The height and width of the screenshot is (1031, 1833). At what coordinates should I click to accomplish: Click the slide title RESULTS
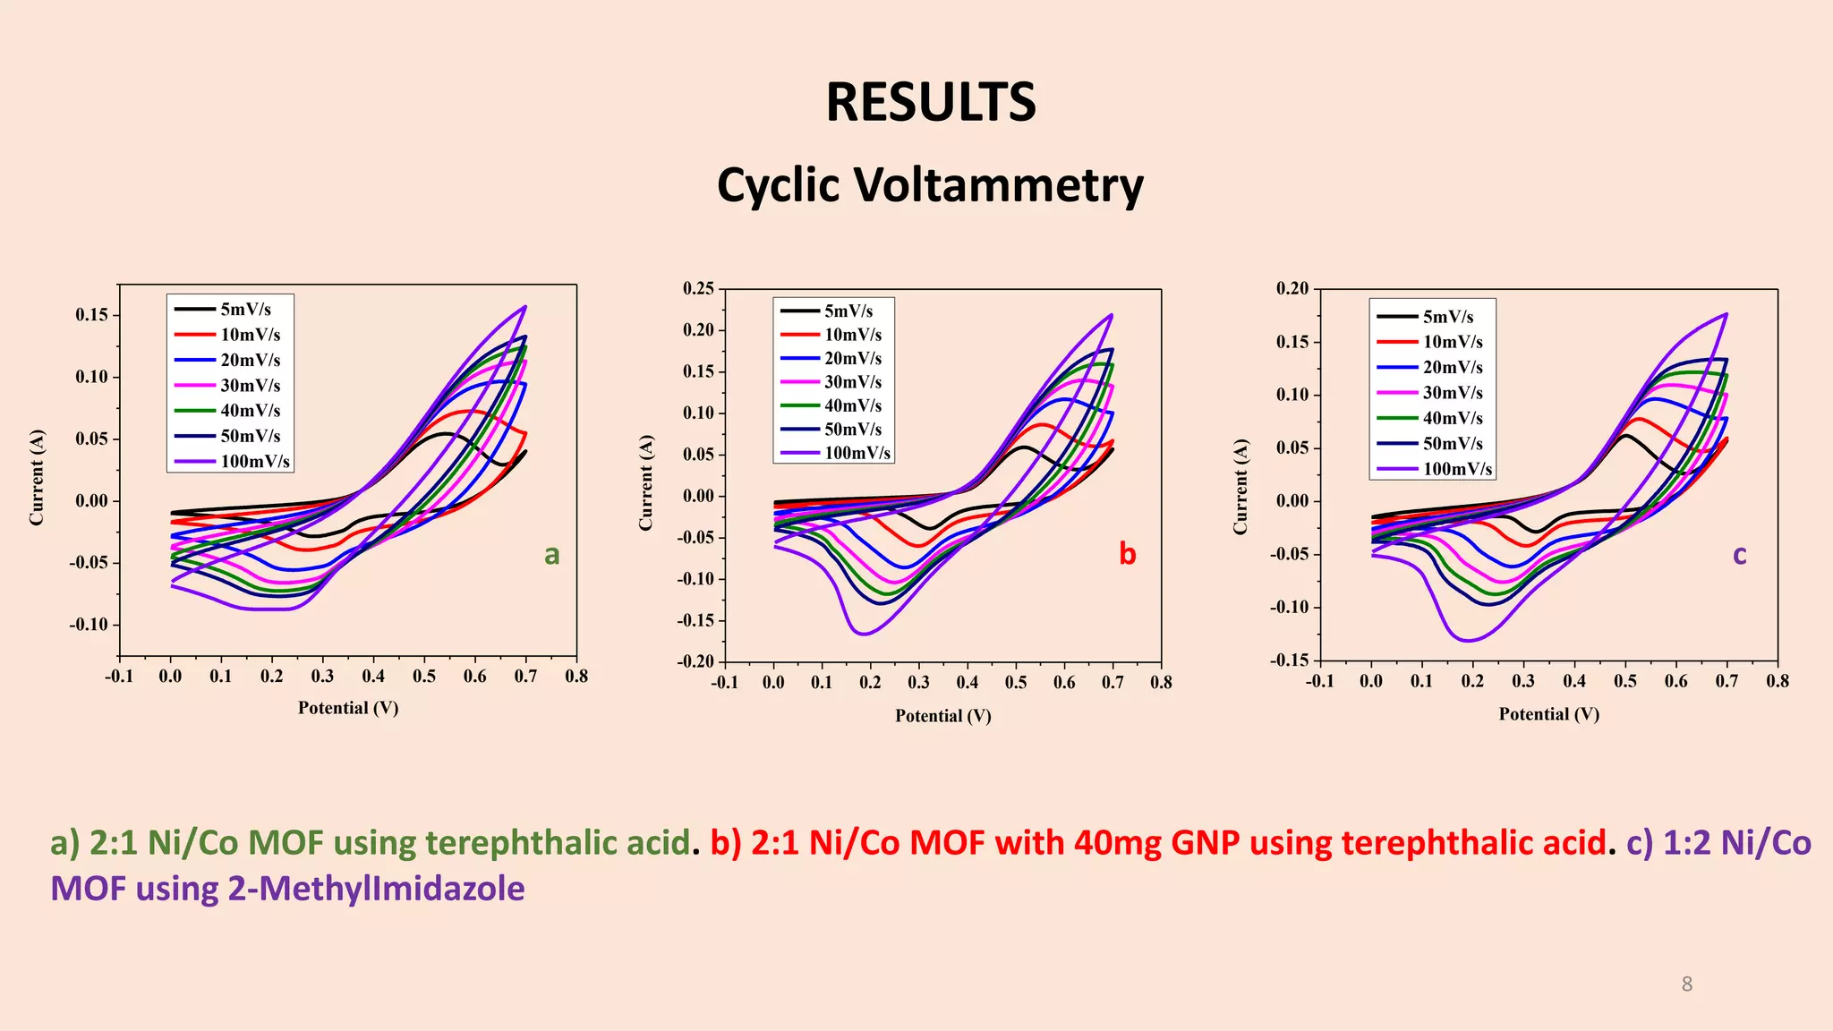coord(930,102)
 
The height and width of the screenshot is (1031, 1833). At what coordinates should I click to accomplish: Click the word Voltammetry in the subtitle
coord(999,185)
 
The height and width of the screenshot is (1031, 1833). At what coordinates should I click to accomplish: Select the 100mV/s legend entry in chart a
coord(255,462)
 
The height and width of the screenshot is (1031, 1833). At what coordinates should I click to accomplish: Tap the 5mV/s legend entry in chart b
coord(848,311)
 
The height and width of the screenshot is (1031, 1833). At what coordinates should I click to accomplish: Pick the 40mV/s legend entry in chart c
coord(1452,418)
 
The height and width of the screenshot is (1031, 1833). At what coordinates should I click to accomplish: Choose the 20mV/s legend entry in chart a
coord(250,360)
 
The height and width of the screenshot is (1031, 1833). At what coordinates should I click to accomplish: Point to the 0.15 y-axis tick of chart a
coord(91,315)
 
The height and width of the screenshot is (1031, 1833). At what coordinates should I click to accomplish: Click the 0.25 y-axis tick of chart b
coord(698,288)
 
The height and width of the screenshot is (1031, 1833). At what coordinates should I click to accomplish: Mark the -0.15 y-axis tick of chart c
coord(1289,660)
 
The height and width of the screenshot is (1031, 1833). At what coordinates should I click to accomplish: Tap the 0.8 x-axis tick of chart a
coord(576,676)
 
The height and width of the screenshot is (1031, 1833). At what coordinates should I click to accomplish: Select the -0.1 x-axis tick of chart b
coord(724,682)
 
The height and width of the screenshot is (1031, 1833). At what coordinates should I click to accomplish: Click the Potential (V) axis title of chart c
coord(1548,714)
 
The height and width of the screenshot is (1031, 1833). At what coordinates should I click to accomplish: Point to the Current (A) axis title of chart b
coord(646,482)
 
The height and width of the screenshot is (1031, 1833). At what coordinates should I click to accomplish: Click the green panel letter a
coord(551,555)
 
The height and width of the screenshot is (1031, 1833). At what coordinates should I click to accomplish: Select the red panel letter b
coord(1127,554)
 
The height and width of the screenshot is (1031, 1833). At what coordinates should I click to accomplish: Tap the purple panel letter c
coord(1739,555)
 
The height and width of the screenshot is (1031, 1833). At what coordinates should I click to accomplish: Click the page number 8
coord(1686,984)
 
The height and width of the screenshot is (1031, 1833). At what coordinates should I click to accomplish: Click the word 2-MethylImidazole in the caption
coord(376,889)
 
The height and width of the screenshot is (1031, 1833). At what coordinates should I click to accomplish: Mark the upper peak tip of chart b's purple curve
coord(1111,315)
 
